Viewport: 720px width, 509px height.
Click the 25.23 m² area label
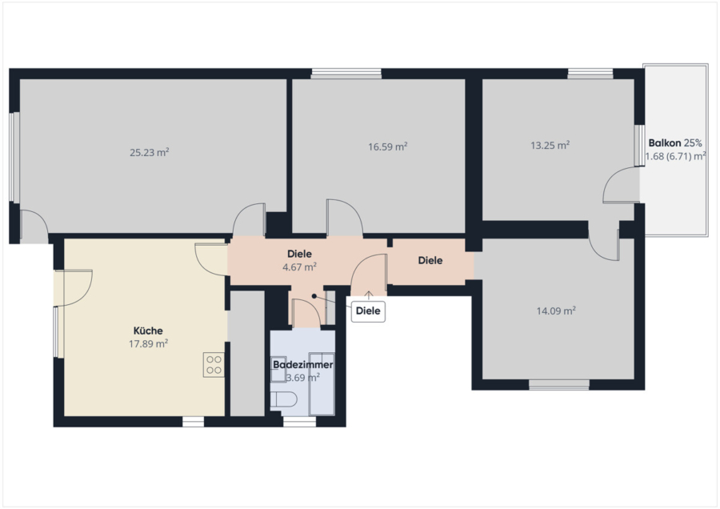coord(150,152)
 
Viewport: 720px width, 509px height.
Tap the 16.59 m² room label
coord(388,146)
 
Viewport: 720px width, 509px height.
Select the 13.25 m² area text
coord(550,145)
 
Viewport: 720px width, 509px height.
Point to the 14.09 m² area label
coord(556,311)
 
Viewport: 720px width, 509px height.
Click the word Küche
coord(148,331)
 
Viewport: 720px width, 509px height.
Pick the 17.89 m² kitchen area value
coord(148,343)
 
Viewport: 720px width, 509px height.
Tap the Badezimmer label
coord(303,365)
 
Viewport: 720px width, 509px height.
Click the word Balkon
coord(665,143)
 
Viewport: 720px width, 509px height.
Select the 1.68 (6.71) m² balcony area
coord(675,156)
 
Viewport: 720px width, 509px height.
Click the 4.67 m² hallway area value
coord(299,267)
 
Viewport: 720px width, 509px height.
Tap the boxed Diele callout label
coord(368,311)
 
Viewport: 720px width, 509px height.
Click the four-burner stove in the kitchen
coord(214,365)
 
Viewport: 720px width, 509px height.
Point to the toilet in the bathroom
coord(280,400)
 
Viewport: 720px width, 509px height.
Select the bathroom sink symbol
coord(278,370)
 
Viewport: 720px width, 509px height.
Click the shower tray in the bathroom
coord(322,383)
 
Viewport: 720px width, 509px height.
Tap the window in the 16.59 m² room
coord(346,74)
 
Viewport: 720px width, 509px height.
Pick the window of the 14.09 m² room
coord(559,385)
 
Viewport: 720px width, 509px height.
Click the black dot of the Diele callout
coord(314,296)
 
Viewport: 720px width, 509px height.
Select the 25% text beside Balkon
coord(693,143)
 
